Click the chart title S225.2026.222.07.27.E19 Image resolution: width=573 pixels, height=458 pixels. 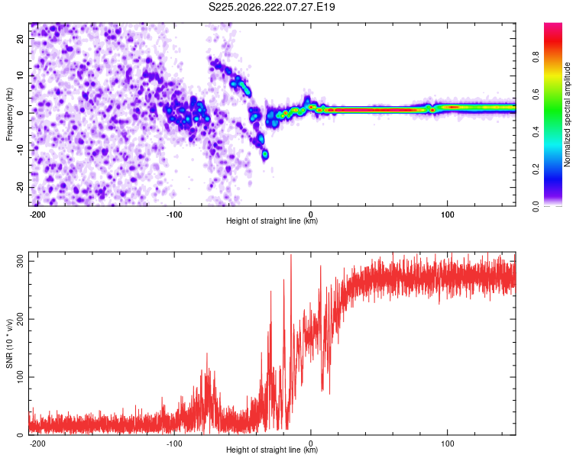click(271, 7)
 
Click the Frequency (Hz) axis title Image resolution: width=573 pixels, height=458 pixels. click(9, 114)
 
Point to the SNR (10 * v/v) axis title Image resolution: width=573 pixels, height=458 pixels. click(9, 343)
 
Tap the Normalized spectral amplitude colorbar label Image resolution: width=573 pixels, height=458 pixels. click(567, 114)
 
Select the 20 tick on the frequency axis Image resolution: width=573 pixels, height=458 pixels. click(20, 38)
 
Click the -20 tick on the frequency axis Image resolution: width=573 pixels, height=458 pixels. click(20, 187)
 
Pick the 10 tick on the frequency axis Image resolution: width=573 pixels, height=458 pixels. click(20, 76)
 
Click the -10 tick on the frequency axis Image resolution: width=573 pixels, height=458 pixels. click(20, 150)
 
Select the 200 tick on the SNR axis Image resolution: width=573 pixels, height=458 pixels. click(20, 319)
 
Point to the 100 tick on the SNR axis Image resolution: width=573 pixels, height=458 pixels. click(20, 377)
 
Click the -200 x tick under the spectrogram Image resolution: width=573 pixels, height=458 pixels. click(37, 214)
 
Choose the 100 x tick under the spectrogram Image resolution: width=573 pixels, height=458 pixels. click(447, 214)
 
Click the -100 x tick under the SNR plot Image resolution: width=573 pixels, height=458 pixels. click(174, 443)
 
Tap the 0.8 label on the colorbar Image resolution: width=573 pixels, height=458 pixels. click(536, 56)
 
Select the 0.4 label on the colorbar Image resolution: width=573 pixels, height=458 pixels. click(536, 131)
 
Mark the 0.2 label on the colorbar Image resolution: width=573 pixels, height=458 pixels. click(536, 169)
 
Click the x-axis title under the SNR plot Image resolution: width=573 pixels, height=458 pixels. click(272, 450)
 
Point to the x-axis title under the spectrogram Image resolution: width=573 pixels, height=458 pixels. click(272, 221)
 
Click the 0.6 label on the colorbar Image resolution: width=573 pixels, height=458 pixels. click(536, 94)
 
